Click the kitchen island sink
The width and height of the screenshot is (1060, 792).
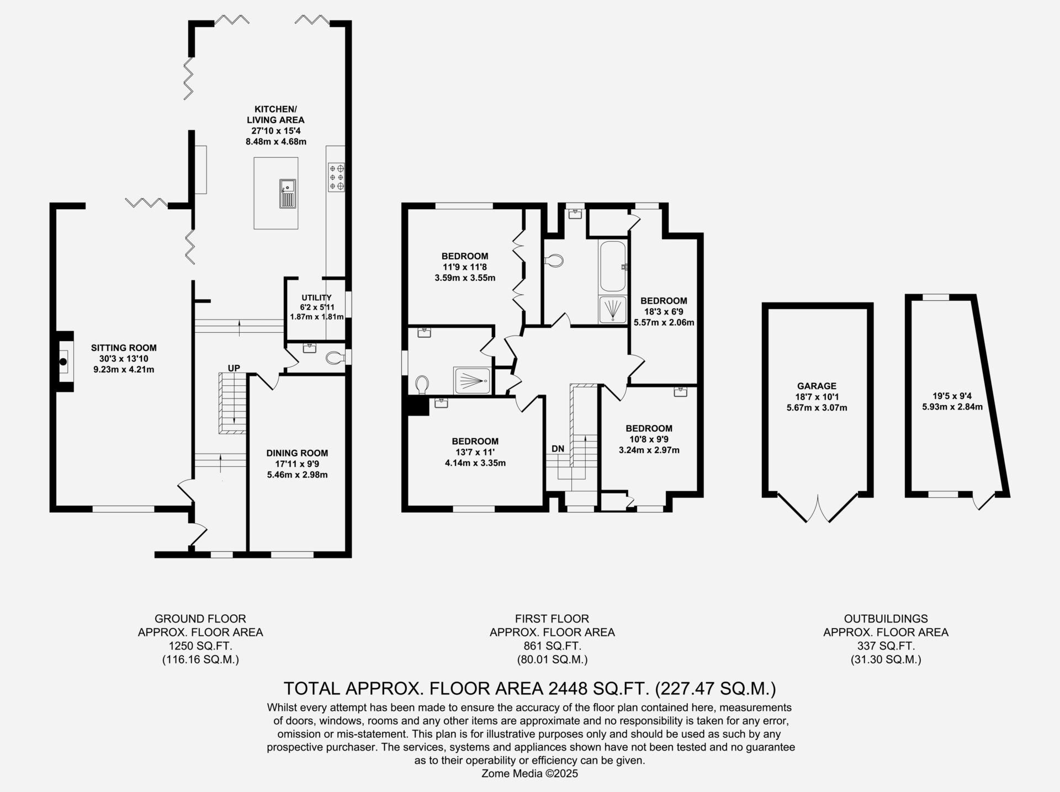pos(288,193)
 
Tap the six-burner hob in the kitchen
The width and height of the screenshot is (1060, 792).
pos(336,177)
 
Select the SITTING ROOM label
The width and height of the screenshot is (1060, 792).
pos(124,348)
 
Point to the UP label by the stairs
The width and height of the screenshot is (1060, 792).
pos(234,368)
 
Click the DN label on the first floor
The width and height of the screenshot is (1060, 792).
pos(558,449)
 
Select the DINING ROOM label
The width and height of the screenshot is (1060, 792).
pos(297,453)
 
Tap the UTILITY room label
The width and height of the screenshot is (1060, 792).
pos(316,297)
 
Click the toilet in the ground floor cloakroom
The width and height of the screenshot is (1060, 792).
pos(335,359)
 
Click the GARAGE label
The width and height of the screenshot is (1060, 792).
pos(817,386)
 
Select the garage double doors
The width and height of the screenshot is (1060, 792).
pos(817,508)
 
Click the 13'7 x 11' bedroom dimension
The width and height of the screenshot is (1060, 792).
pos(475,452)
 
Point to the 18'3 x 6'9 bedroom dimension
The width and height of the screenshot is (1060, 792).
pos(664,311)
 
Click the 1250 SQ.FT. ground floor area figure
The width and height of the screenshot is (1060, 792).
pos(200,646)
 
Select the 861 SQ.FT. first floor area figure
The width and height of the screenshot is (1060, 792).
pos(552,646)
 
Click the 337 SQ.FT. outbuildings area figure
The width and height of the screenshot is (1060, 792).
pos(886,646)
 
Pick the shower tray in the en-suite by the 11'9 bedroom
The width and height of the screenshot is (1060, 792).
pos(472,381)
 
